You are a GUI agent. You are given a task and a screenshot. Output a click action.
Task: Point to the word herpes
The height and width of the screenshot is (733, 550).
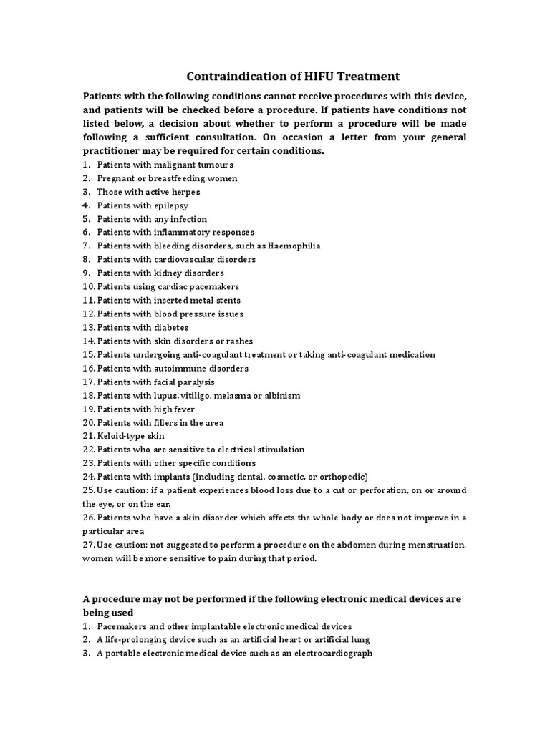point(185,192)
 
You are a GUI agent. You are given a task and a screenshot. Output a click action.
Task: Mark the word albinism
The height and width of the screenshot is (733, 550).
point(281,395)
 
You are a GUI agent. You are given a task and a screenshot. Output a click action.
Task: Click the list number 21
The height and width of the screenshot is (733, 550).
point(89,436)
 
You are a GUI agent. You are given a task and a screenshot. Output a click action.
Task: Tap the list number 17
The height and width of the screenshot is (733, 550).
point(89,382)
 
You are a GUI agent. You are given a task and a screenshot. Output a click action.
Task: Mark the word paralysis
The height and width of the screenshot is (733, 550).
point(195,382)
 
